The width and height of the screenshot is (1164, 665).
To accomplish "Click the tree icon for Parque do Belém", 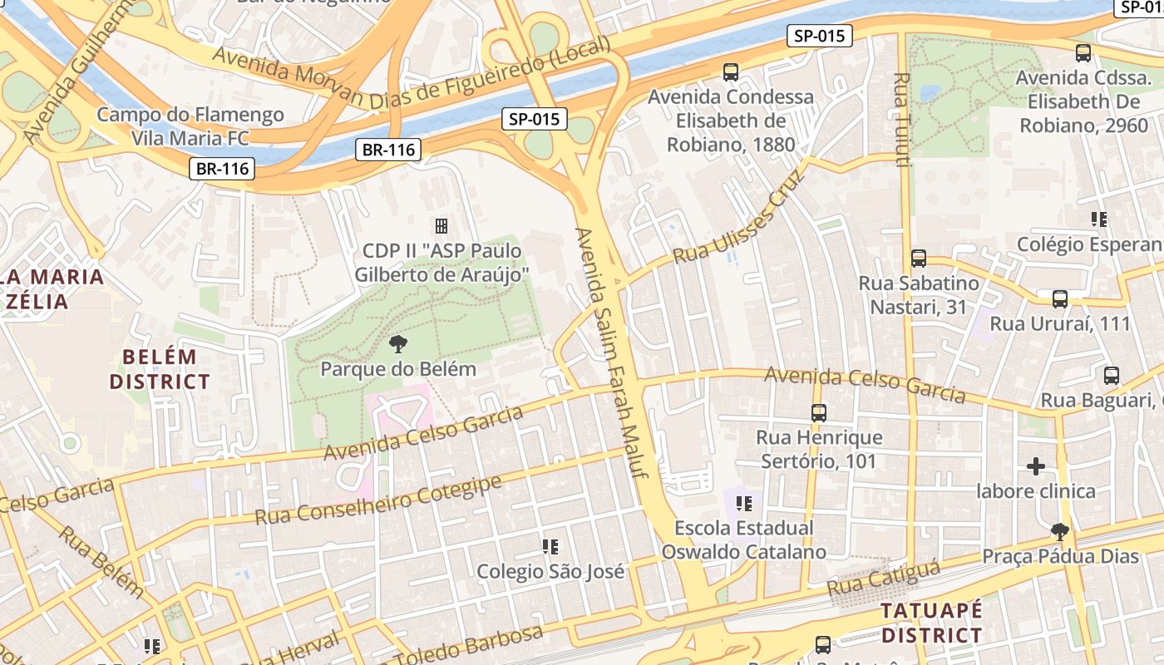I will tap(398, 344).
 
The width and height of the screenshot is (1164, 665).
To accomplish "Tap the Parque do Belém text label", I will tap(398, 369).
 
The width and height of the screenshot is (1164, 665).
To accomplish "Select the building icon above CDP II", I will tap(441, 226).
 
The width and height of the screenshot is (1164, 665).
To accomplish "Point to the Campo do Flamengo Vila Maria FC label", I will tap(190, 126).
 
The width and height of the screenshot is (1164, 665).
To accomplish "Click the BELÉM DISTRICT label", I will tap(160, 370).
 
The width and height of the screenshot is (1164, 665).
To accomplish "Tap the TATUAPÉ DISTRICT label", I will tap(931, 623).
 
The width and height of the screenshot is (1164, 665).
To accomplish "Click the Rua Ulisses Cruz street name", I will tap(739, 217).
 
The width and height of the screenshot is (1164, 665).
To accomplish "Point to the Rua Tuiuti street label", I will tap(900, 119).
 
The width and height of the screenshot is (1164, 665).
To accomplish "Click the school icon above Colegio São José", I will tap(550, 547).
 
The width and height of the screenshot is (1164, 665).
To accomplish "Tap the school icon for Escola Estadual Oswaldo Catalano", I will tap(744, 503).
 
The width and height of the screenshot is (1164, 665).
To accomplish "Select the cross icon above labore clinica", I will tap(1036, 466).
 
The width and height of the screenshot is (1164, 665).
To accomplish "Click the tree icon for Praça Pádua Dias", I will tap(1059, 531).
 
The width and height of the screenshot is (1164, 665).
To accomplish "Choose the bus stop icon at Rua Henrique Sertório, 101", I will tap(819, 412).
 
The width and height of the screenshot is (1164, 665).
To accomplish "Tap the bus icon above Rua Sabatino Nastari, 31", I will tap(918, 259).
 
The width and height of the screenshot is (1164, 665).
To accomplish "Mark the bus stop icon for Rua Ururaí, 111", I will tap(1059, 299).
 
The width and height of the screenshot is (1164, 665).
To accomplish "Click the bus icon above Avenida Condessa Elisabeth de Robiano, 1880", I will tap(731, 72).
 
